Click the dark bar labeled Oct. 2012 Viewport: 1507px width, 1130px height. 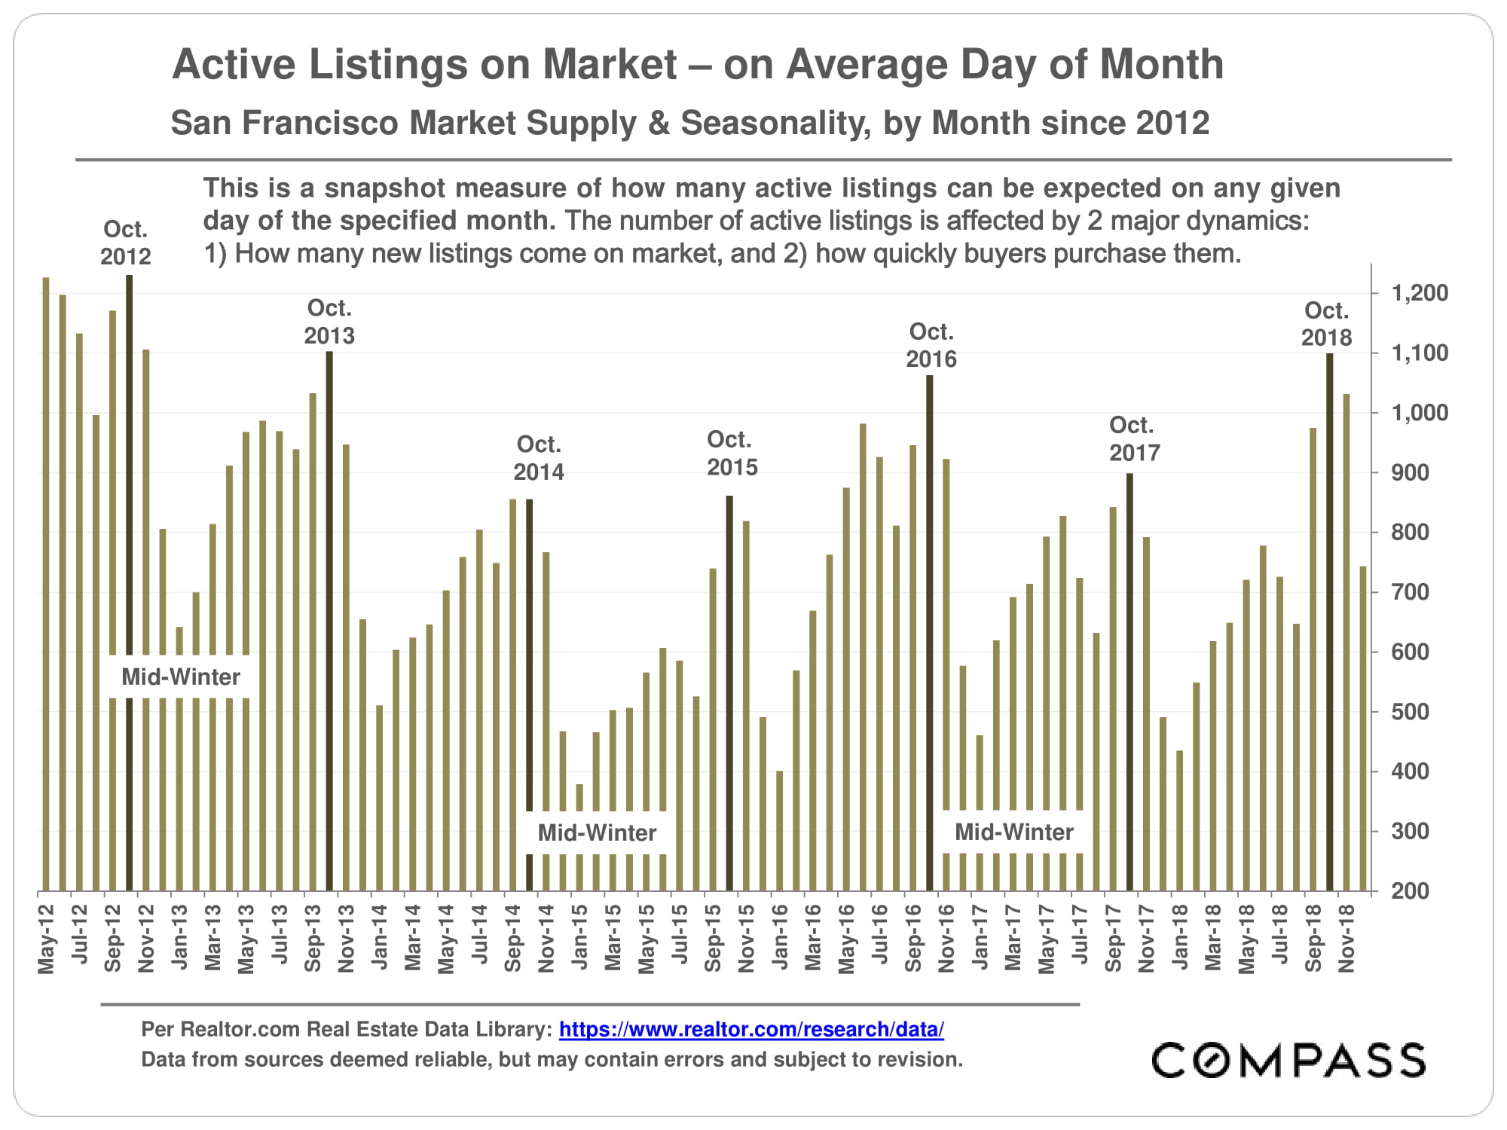[x=130, y=580]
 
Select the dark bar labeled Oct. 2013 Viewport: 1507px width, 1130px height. [x=329, y=618]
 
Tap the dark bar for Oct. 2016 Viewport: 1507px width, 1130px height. [x=930, y=633]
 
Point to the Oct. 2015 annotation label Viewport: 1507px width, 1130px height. [x=732, y=454]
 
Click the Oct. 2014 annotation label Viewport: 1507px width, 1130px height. [x=539, y=458]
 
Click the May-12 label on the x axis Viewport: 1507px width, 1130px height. [x=47, y=939]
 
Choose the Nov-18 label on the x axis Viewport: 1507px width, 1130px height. [x=1347, y=939]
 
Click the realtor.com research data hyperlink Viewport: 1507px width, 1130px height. [x=750, y=1029]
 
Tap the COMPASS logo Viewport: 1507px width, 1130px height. [x=1288, y=1061]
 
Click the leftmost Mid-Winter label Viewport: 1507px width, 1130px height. [x=181, y=676]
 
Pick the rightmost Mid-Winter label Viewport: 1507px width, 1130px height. [x=1013, y=832]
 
